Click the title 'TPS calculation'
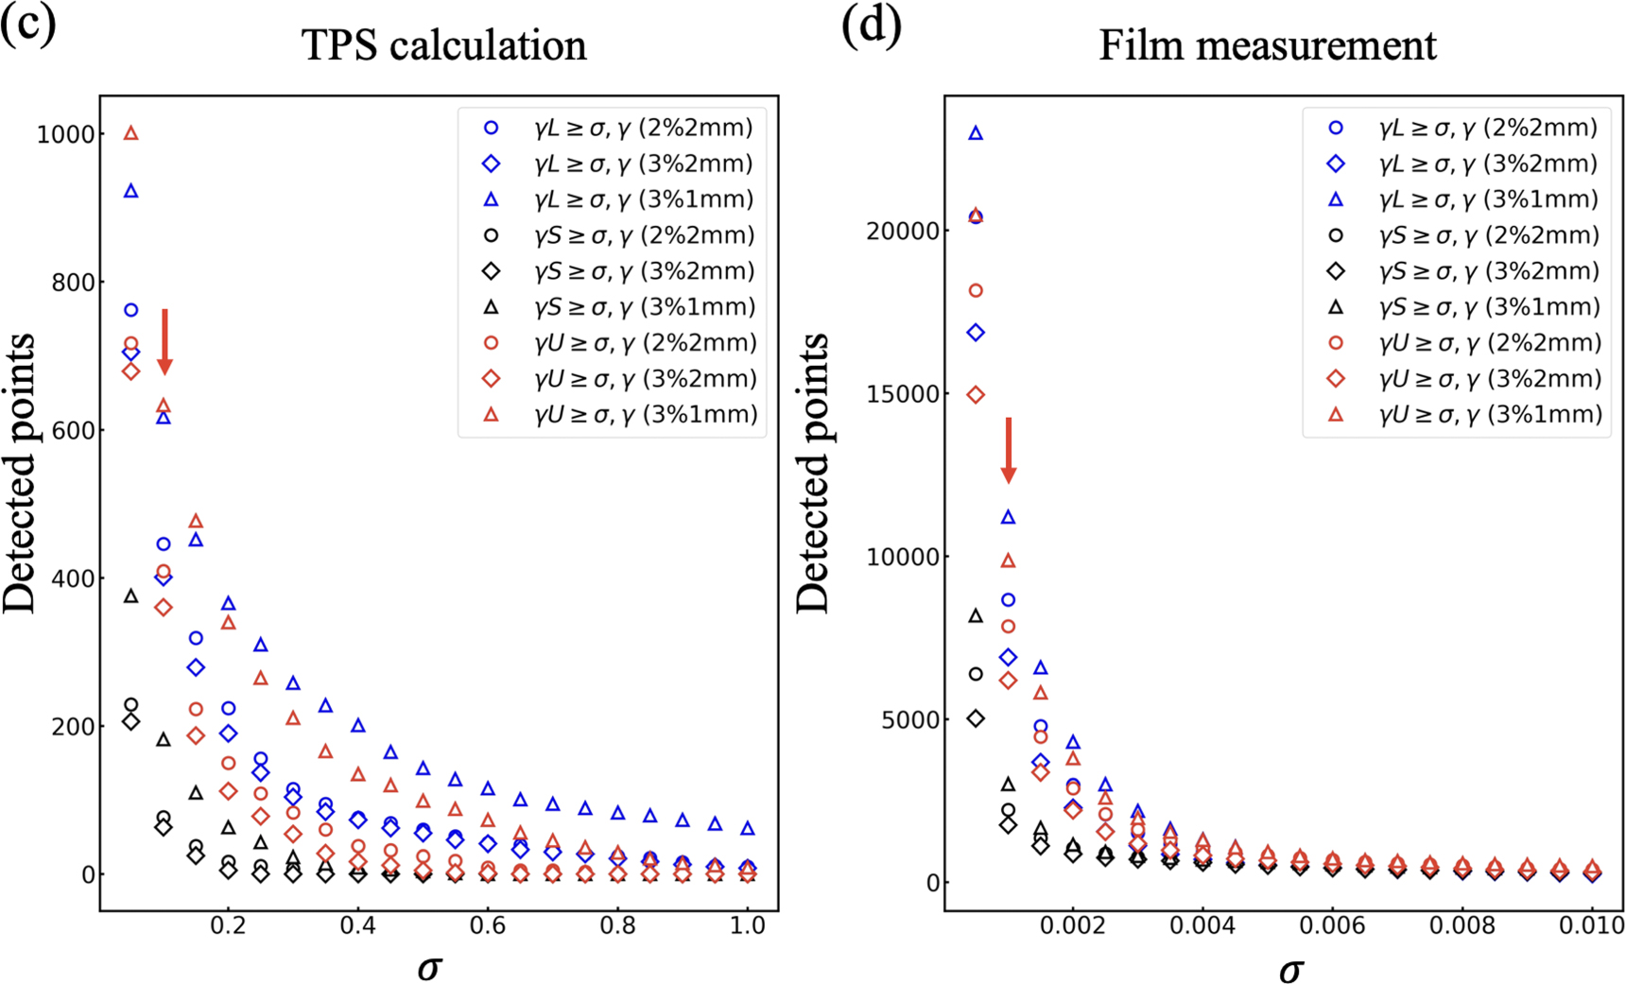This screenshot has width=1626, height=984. tap(443, 45)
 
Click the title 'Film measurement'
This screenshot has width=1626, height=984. tap(1267, 45)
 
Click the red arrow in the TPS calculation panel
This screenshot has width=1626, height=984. tap(164, 341)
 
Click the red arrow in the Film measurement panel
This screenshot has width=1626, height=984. tap(1009, 450)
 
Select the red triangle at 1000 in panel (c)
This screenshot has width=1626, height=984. tap(131, 133)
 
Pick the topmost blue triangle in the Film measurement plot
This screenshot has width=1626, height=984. tap(976, 133)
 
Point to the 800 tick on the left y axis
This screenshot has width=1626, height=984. tap(66, 282)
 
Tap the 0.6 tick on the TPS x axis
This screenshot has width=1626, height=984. tap(488, 925)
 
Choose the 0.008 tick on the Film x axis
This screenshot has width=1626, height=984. tap(1462, 925)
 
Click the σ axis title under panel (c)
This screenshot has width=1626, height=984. tap(429, 967)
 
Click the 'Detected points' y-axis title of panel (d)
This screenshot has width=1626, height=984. tap(812, 473)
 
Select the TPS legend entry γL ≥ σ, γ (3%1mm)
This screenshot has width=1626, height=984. tap(643, 199)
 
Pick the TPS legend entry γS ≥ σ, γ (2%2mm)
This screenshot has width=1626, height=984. tap(643, 235)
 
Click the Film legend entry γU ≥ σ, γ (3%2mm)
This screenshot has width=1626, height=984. tap(1489, 379)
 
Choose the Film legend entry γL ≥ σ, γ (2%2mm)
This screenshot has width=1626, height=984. tap(1487, 128)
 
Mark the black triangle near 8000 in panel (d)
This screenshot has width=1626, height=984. tap(976, 616)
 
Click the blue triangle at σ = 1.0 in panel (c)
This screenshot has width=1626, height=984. tap(748, 828)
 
